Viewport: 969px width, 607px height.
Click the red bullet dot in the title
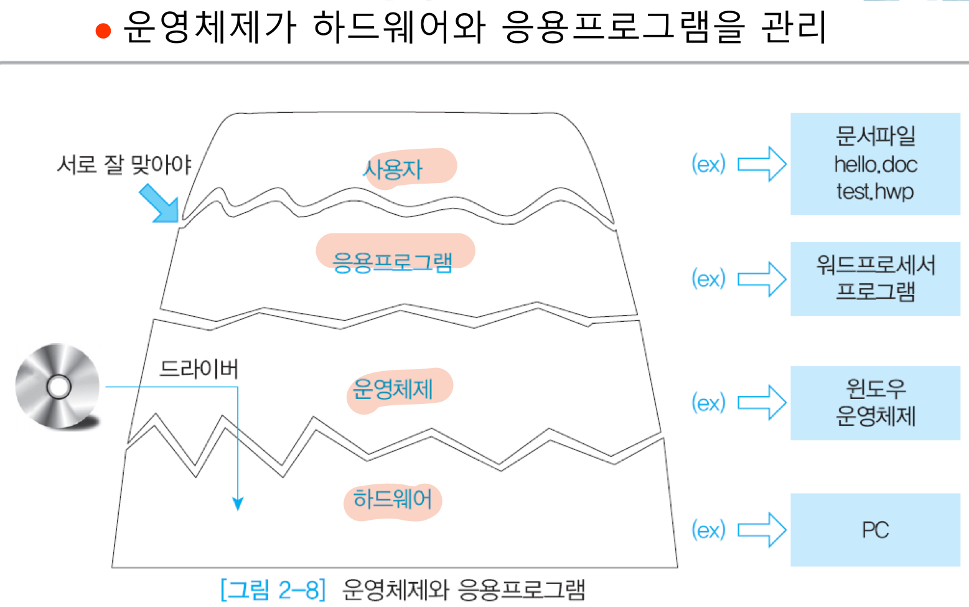[103, 31]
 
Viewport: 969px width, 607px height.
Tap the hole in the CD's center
[59, 387]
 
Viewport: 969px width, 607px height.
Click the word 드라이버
[199, 369]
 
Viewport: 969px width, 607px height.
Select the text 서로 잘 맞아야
[124, 164]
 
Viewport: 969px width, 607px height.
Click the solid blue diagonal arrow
[159, 203]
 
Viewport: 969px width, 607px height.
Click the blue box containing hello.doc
[874, 164]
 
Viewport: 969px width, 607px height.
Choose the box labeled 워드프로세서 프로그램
[874, 279]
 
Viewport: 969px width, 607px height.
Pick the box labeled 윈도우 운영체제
[874, 403]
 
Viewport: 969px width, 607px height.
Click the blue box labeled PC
[874, 530]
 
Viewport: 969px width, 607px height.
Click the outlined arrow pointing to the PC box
[762, 530]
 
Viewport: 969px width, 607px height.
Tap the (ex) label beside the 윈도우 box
[708, 403]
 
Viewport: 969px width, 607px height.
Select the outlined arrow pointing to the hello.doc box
[762, 164]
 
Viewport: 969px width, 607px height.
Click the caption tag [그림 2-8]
[273, 589]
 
